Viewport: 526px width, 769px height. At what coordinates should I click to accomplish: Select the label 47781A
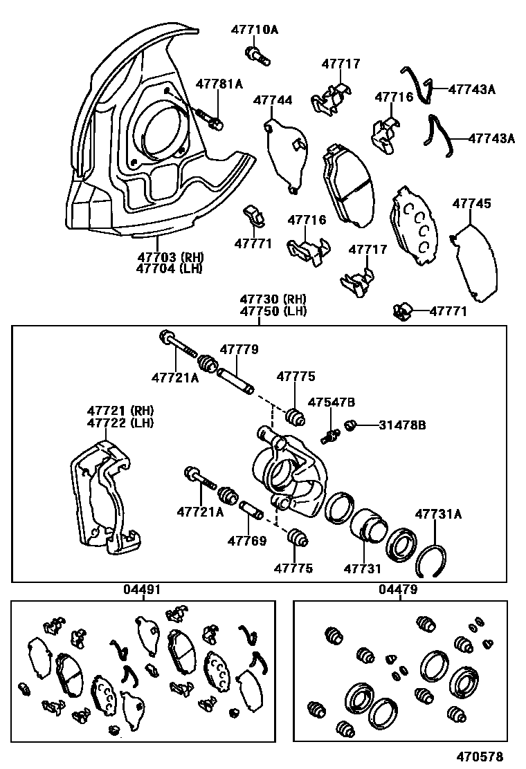point(219,84)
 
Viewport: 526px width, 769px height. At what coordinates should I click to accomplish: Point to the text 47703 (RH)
point(170,257)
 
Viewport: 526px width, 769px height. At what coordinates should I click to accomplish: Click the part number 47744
point(272,100)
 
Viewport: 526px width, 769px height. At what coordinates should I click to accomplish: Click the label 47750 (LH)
point(273,311)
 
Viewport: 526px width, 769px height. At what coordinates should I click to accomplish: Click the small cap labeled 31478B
point(350,425)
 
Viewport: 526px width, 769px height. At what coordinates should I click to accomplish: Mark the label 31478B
point(402,425)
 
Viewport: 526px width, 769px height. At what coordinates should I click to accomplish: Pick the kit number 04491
point(143,589)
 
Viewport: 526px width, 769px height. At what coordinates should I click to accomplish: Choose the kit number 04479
point(398,589)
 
